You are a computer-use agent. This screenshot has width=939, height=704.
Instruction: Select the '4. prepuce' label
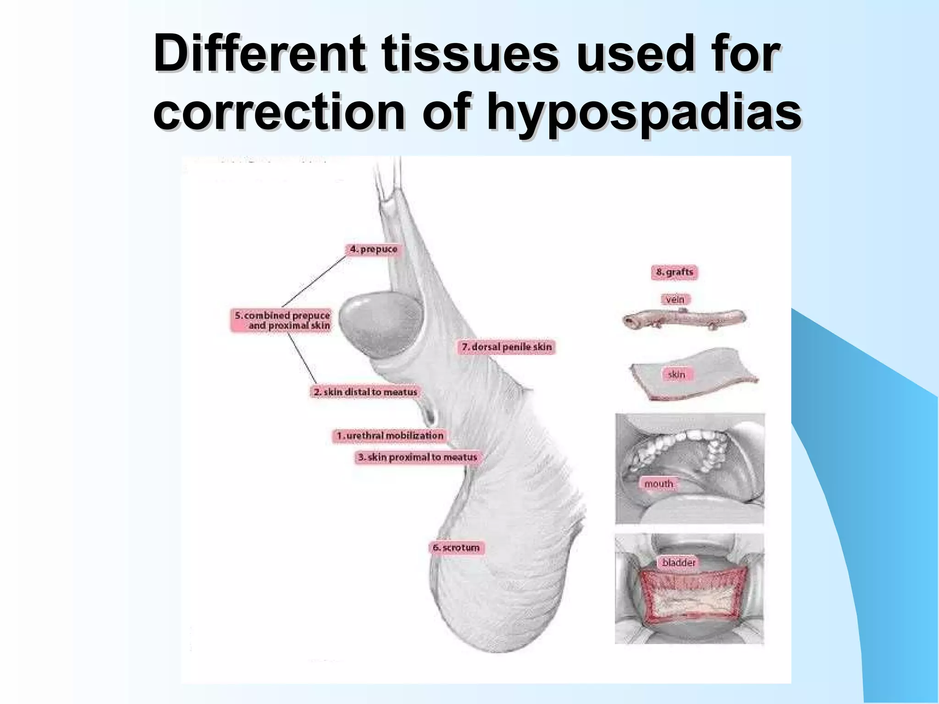click(373, 250)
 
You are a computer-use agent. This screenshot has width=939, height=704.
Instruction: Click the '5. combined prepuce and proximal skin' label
click(281, 320)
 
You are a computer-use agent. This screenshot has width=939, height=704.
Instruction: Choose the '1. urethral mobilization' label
click(389, 435)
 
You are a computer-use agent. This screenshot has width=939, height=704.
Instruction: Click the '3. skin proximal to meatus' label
click(417, 457)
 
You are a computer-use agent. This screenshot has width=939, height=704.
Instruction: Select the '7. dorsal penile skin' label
click(506, 347)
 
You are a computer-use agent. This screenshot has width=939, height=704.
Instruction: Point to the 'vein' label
click(675, 300)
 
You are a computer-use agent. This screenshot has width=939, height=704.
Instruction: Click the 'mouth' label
click(658, 484)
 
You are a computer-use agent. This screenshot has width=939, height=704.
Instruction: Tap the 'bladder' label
click(679, 562)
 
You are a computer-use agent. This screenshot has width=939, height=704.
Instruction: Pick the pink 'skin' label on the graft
click(676, 374)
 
